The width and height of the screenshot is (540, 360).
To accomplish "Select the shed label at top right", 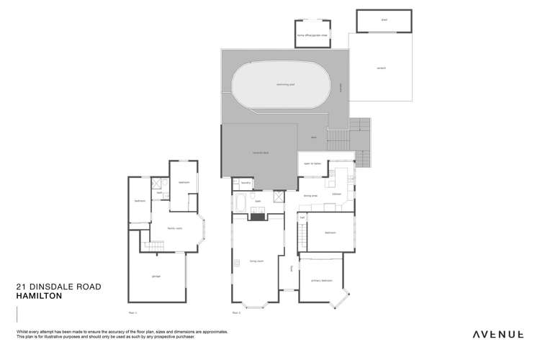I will (384, 21).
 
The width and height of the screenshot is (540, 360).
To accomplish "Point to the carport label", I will (381, 68).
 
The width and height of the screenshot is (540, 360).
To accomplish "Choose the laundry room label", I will (245, 184).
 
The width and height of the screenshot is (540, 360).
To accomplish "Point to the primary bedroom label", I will (320, 280).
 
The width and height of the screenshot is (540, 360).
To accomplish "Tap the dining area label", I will (311, 195).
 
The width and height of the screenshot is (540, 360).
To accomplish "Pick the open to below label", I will (312, 163).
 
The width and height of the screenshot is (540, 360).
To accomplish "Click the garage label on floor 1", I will (156, 276).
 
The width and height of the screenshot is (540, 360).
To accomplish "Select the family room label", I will (174, 228).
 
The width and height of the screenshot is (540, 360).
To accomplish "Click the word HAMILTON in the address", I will (40, 296).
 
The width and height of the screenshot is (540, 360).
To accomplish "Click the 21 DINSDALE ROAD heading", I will (58, 287).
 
